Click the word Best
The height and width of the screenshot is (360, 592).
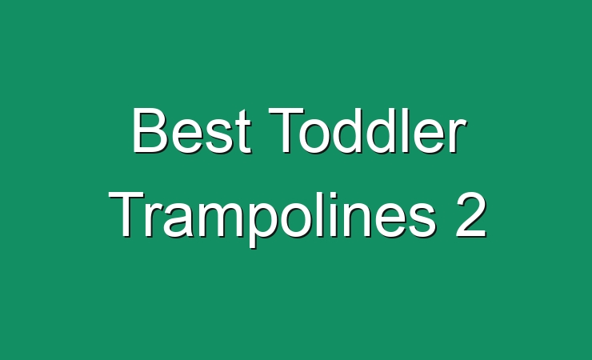[x=191, y=130]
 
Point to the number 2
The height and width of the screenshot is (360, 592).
[x=471, y=215]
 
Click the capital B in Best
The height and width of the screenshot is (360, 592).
[x=150, y=130]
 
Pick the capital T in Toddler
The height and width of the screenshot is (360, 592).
[x=286, y=130]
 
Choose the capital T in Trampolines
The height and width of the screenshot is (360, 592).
[x=126, y=215]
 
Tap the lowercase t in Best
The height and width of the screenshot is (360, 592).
[x=244, y=131]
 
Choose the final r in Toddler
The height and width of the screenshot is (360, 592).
[x=458, y=136]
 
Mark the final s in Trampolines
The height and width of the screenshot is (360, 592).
[x=423, y=221]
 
